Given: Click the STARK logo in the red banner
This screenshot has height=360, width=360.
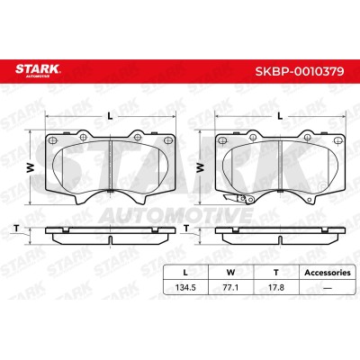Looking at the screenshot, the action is point(38,70).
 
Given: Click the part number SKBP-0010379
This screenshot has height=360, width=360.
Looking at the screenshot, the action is point(300,71).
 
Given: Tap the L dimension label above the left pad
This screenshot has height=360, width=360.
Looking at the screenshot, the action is point(110,116).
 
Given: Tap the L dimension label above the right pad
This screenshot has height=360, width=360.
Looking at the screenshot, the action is point(280,116).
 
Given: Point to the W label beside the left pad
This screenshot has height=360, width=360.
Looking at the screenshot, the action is point(31,168).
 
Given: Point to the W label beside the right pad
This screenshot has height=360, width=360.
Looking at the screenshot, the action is point(200,167).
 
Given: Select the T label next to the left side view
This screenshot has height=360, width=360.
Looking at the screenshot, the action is point(17,229).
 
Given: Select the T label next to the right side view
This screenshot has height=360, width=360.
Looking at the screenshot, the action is point(186,229).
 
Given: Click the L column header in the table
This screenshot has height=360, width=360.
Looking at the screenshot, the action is point(185,273).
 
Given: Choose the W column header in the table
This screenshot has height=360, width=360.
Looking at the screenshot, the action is point(230,273).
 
